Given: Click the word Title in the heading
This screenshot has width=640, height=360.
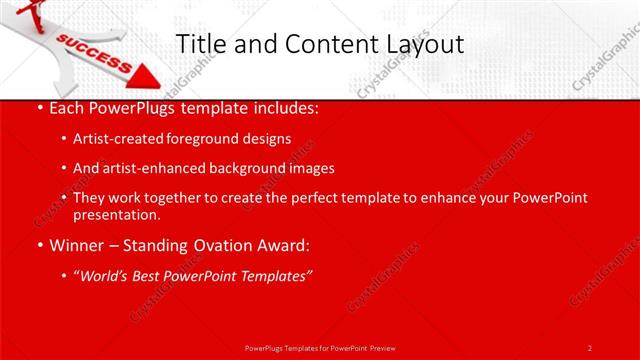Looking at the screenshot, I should [x=200, y=44].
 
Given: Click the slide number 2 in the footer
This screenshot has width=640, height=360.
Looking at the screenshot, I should [x=589, y=347].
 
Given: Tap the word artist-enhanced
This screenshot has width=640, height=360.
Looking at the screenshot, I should [x=146, y=168].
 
